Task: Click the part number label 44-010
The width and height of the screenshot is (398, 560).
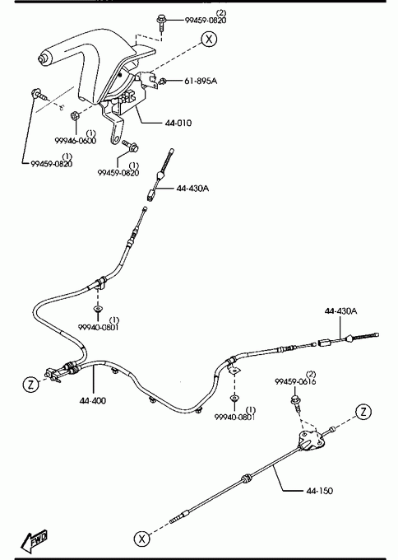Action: (178, 123)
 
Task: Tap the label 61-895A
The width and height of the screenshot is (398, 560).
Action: (201, 81)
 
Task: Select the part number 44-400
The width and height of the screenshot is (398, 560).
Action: (93, 401)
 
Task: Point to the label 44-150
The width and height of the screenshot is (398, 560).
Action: (320, 491)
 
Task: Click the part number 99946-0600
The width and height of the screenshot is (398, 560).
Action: (76, 140)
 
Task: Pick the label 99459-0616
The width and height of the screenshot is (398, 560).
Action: (295, 381)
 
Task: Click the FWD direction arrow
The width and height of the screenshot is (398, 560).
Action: (35, 539)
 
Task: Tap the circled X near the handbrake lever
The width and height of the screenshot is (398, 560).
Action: (209, 39)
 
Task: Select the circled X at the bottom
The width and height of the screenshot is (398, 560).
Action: (141, 539)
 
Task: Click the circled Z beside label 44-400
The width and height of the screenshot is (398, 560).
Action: (31, 385)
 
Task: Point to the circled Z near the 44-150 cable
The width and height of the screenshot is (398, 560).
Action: (363, 412)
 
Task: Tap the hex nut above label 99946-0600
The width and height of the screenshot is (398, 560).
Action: (75, 116)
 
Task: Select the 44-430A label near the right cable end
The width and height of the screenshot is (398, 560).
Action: (340, 310)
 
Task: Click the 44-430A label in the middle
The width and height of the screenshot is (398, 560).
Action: (192, 188)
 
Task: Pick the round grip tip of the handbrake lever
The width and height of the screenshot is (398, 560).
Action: (43, 59)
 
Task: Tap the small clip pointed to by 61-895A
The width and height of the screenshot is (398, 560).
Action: (163, 82)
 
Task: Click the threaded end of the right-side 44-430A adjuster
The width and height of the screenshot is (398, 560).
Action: (366, 336)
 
